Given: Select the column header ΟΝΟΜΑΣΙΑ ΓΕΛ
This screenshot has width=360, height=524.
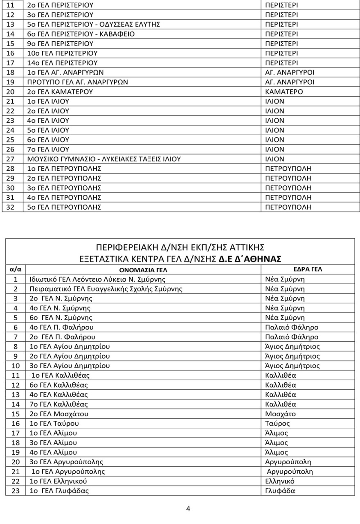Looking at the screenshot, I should tap(143, 270).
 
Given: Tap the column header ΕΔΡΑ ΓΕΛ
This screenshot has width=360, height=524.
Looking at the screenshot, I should tap(307, 269).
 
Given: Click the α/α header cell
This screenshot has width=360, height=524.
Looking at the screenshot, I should tap(15, 270).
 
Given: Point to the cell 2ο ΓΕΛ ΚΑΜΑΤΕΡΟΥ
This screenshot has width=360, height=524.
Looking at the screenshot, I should tap(65, 92).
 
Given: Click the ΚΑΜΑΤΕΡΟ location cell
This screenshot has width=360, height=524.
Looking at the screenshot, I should tap(284, 92).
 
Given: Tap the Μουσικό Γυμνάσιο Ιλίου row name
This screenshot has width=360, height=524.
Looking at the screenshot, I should tap(104, 159).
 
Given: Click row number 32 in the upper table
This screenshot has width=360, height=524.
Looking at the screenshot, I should tap(11, 207).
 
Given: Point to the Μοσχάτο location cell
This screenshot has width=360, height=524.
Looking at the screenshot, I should tap(281, 414).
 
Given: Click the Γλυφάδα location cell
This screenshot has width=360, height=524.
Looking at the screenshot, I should tap(280, 491).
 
